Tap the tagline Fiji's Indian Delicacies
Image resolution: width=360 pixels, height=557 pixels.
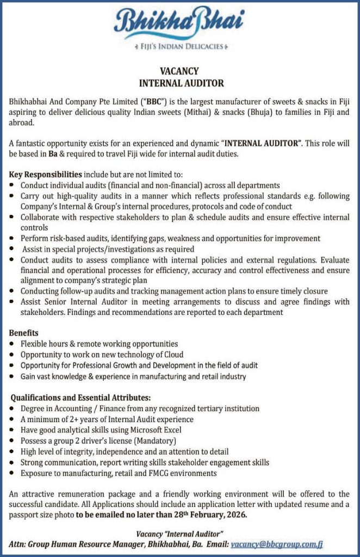(179, 46)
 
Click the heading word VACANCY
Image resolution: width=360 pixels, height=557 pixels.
(179, 71)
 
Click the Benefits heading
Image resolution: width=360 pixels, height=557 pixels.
(23, 332)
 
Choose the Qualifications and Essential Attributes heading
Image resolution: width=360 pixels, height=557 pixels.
(80, 397)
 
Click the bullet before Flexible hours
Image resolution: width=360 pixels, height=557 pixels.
(13, 344)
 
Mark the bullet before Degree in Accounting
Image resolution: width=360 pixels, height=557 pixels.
(13, 409)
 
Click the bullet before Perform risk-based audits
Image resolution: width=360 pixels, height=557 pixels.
(13, 239)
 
